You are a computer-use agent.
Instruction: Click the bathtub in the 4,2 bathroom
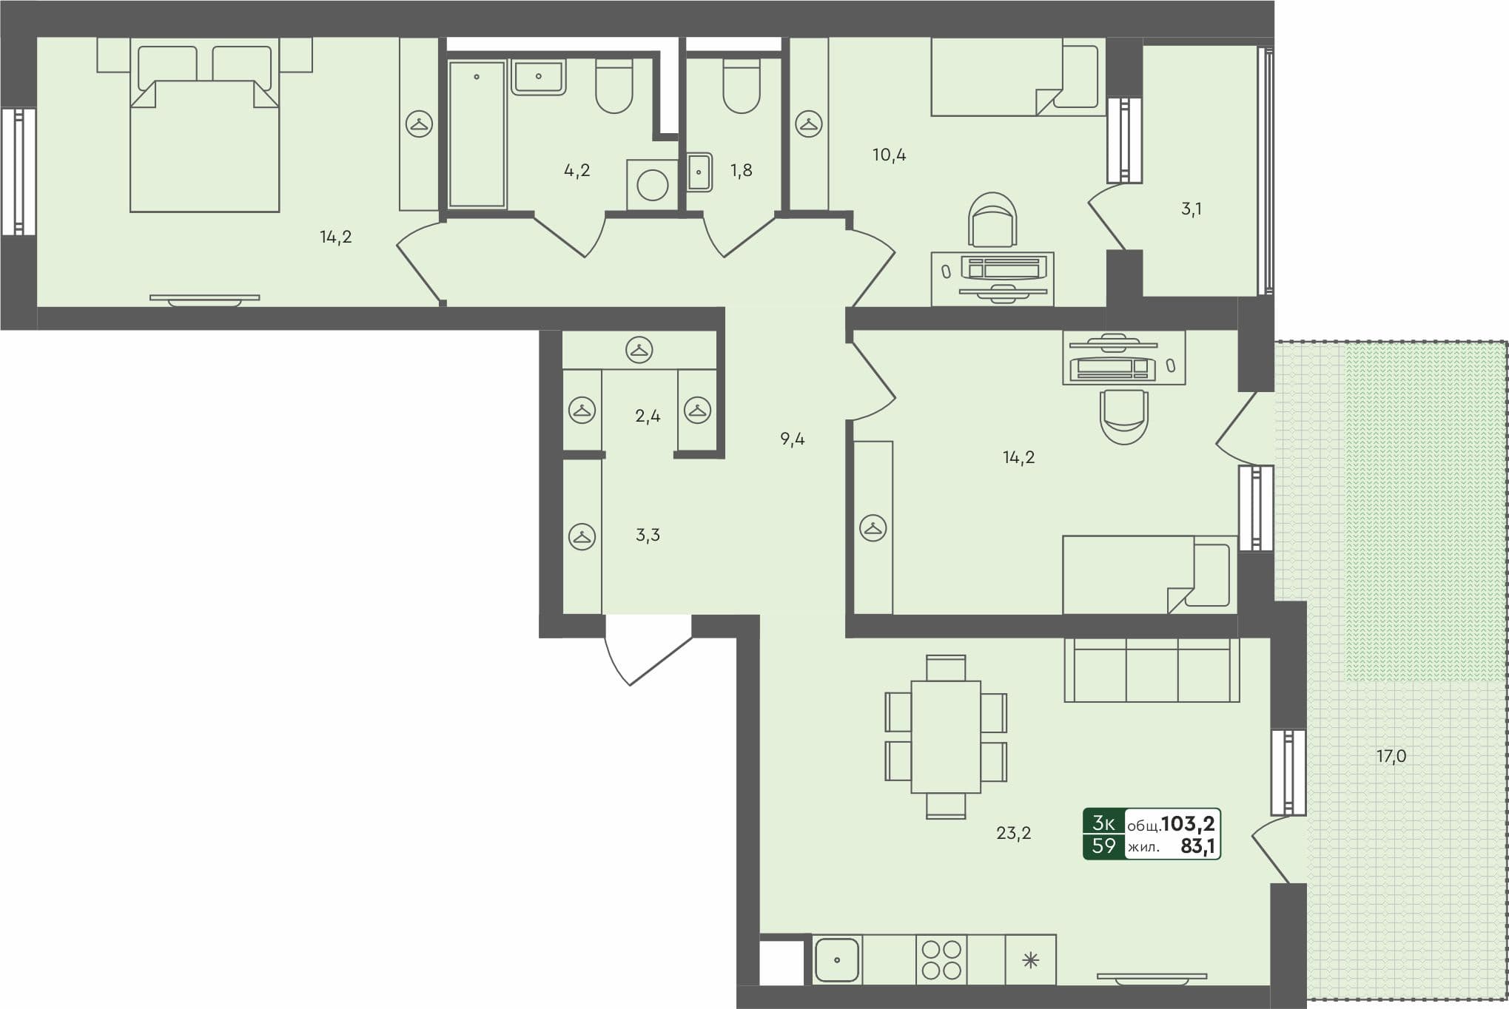click(x=477, y=134)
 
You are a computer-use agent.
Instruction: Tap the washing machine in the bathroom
click(x=652, y=185)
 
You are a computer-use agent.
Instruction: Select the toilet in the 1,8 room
click(x=742, y=87)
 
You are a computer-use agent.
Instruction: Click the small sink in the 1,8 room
click(x=699, y=172)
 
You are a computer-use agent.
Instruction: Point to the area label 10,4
click(x=889, y=155)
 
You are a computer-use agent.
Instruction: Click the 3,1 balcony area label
click(x=1191, y=209)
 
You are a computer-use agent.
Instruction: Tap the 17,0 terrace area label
click(x=1391, y=756)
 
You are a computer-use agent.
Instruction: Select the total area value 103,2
click(x=1188, y=823)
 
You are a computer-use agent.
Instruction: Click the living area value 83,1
click(x=1197, y=846)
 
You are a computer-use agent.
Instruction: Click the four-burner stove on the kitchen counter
click(x=941, y=959)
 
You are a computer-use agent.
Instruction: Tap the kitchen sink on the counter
click(x=837, y=959)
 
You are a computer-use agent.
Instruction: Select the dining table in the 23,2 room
click(x=946, y=737)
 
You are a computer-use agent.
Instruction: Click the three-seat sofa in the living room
click(x=1152, y=669)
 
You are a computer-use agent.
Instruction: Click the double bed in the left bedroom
click(x=204, y=141)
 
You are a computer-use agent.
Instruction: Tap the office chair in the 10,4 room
click(x=992, y=220)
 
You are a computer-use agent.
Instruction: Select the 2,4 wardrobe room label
click(x=648, y=416)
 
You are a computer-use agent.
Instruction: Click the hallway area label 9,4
click(x=792, y=439)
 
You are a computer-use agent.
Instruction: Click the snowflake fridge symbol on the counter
click(x=1030, y=960)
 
